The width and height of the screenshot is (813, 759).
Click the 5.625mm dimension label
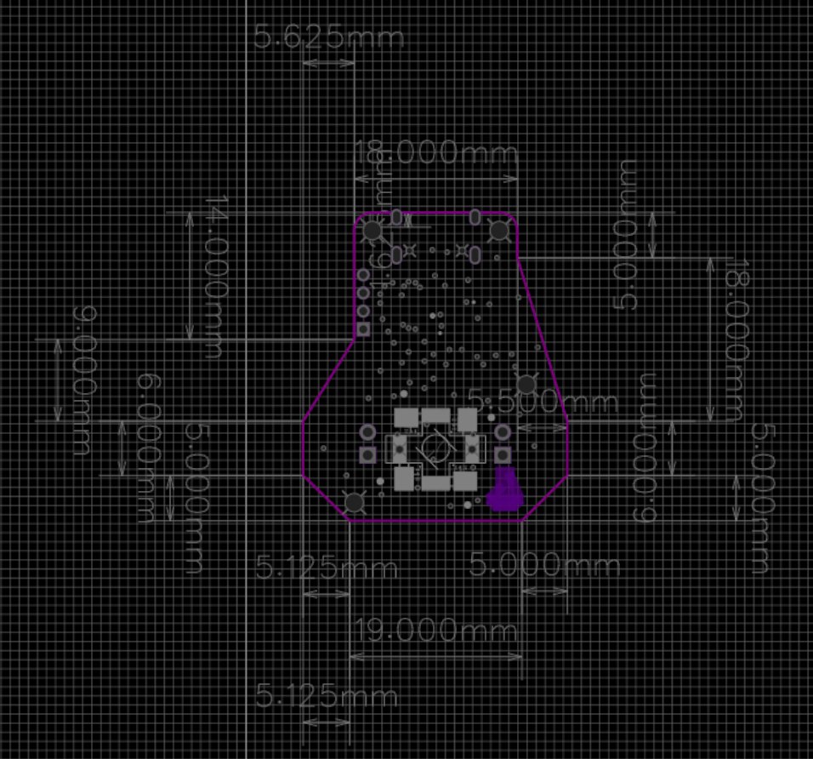[x=328, y=37]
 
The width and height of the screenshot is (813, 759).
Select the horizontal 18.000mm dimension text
[x=435, y=154]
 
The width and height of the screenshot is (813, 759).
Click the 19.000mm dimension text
[x=435, y=631]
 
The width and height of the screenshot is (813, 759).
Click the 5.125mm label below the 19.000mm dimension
[x=327, y=697]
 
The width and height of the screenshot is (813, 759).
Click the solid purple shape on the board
[x=505, y=491]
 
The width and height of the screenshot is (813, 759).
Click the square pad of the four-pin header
[x=363, y=329]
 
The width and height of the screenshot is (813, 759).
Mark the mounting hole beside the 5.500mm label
[x=526, y=384]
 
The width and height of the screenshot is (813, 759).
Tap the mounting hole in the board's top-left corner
[x=372, y=230]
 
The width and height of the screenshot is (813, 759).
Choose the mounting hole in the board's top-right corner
[x=499, y=230]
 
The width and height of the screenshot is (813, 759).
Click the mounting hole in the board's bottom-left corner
[x=355, y=502]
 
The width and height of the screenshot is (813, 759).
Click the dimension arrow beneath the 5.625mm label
[x=328, y=63]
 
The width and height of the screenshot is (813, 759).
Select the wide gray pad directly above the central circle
[x=435, y=417]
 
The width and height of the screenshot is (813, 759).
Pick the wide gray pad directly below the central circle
[x=435, y=483]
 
